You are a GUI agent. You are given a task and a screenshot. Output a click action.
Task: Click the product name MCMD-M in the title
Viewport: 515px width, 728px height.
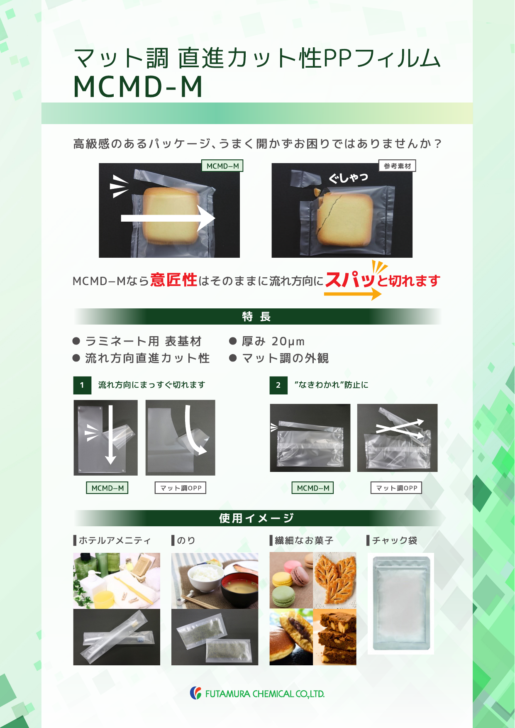coord(138,87)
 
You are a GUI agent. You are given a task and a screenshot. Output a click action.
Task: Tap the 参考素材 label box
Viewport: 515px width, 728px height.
coord(397,166)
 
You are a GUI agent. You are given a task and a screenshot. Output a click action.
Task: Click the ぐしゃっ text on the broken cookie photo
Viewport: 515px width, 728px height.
coord(349,178)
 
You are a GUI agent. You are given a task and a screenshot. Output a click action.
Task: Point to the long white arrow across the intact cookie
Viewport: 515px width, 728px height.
coord(168,218)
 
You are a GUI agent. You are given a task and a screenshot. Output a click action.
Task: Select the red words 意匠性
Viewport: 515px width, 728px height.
coord(173,280)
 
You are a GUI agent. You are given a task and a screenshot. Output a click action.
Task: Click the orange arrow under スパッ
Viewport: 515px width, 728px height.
coord(353,294)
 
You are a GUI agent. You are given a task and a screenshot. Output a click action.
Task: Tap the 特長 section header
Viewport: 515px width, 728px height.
coord(257,317)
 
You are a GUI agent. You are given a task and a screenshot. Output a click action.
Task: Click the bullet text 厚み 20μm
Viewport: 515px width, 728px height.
coord(273,342)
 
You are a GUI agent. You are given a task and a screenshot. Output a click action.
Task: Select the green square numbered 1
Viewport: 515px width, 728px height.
coord(82,385)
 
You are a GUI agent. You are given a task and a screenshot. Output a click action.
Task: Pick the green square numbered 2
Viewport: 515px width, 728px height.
coord(278,385)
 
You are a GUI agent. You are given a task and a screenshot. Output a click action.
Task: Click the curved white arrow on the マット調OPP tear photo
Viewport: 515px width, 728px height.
coord(193,430)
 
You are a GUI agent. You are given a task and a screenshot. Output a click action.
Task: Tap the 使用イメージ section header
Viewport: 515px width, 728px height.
coord(257,518)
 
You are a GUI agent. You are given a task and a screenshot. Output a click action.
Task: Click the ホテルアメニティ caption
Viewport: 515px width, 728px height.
coord(115,540)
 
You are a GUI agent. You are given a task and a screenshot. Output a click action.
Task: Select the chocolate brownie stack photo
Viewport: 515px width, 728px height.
coord(334,637)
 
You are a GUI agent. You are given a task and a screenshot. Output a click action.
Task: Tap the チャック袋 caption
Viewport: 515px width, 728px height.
coord(395,540)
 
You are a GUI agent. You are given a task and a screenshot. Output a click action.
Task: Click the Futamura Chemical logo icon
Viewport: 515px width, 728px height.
coord(195,693)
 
